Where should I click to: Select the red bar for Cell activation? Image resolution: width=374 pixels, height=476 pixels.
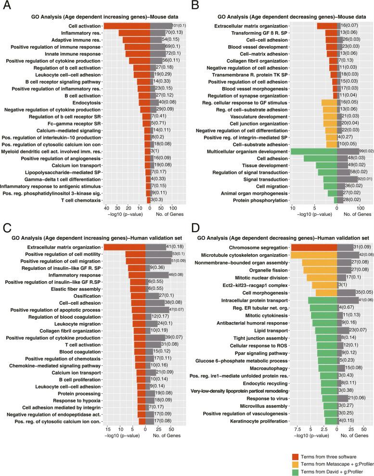pos(127,25)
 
